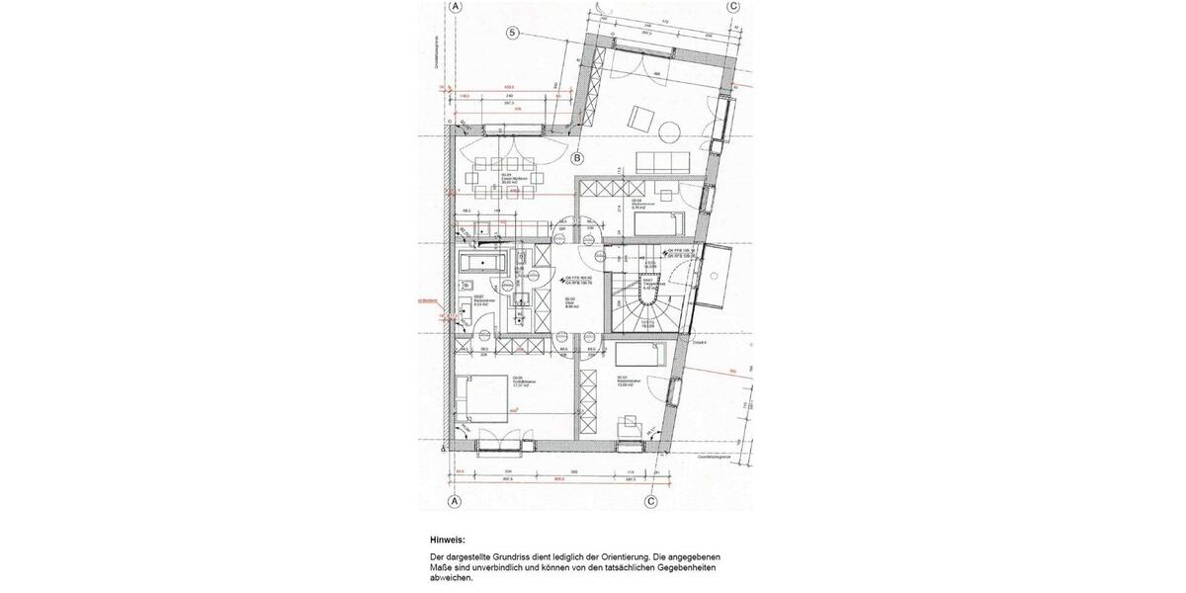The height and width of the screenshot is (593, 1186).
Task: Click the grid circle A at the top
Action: click(x=456, y=6)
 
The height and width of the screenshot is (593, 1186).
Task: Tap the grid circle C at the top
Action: click(x=732, y=6)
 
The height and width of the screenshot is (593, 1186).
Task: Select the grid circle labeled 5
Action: click(x=513, y=33)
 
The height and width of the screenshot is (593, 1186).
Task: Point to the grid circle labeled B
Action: click(x=577, y=158)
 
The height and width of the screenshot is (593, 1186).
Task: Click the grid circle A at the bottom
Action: click(x=456, y=501)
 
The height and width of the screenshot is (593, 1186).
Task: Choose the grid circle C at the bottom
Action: click(x=651, y=501)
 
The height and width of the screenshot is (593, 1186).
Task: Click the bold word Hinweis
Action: click(x=447, y=541)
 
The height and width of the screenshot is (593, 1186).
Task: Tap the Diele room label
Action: click(x=570, y=303)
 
